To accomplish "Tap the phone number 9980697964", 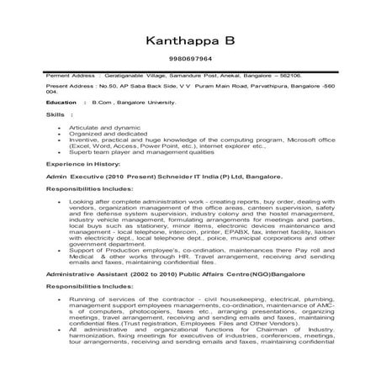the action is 190,61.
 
